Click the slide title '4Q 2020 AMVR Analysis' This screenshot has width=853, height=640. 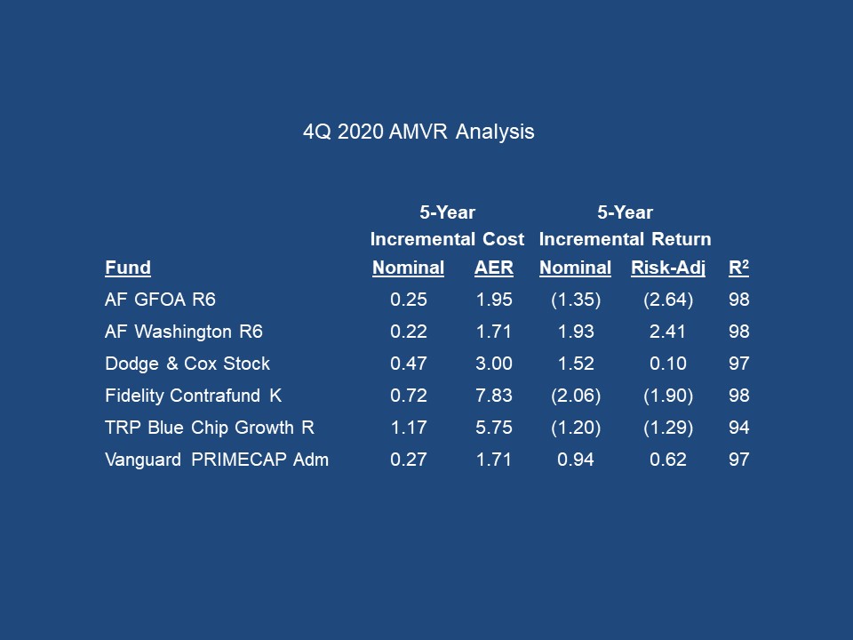click(x=419, y=132)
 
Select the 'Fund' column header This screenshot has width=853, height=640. click(x=128, y=268)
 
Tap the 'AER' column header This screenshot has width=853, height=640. click(x=494, y=268)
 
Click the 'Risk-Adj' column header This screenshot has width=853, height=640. click(x=668, y=268)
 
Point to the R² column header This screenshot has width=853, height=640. click(x=739, y=268)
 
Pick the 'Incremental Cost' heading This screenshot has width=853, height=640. click(x=447, y=239)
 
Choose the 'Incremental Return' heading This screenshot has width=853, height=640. click(x=625, y=239)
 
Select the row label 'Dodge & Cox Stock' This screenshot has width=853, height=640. click(x=187, y=364)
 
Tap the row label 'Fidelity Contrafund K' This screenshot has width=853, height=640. click(x=193, y=396)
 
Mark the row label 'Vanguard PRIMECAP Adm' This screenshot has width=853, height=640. click(x=217, y=460)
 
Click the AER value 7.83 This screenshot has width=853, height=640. click(x=494, y=396)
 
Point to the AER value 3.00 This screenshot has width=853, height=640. click(x=494, y=364)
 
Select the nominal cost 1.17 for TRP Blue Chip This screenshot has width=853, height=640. click(x=409, y=428)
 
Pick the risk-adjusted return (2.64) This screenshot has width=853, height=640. click(x=668, y=300)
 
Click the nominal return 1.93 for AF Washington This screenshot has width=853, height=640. click(x=576, y=332)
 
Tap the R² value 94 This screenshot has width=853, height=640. click(x=739, y=428)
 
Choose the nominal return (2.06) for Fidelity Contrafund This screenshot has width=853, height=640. click(x=576, y=396)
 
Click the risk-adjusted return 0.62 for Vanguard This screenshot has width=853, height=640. click(x=668, y=460)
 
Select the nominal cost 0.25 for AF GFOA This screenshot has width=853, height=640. click(x=409, y=300)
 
